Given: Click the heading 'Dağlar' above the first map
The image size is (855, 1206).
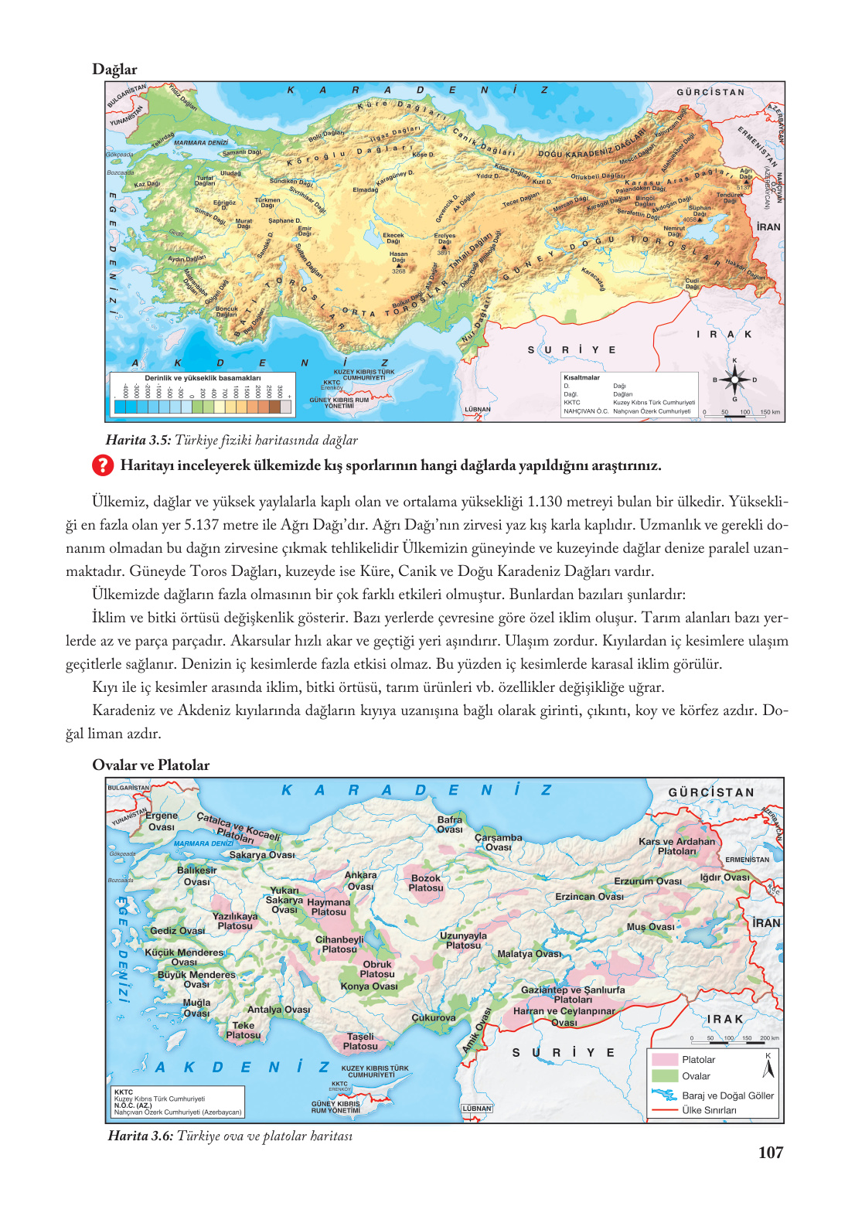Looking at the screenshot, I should pyautogui.click(x=114, y=70).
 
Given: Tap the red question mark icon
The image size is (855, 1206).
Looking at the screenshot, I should pyautogui.click(x=103, y=465).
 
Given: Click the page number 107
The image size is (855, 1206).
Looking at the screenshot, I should pyautogui.click(x=771, y=1153).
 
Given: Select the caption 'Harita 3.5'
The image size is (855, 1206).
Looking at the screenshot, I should pyautogui.click(x=138, y=441).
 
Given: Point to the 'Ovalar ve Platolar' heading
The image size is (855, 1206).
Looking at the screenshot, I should pyautogui.click(x=151, y=765).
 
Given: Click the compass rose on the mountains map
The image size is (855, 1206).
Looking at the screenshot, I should pyautogui.click(x=734, y=380).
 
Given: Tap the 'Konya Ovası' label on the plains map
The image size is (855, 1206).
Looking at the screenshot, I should pyautogui.click(x=369, y=986).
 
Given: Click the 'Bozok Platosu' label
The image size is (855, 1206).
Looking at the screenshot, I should pyautogui.click(x=426, y=884).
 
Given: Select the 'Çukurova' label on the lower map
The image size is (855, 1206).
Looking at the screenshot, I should pyautogui.click(x=434, y=1018).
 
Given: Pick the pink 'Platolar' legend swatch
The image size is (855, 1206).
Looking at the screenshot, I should pyautogui.click(x=664, y=1059).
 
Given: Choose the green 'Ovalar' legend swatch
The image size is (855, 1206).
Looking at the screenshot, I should pyautogui.click(x=664, y=1076).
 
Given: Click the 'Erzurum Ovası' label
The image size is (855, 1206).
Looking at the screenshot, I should pyautogui.click(x=648, y=881).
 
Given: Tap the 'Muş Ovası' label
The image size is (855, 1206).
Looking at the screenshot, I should pyautogui.click(x=650, y=927).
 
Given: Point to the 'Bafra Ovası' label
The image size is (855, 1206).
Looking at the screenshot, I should pyautogui.click(x=450, y=825).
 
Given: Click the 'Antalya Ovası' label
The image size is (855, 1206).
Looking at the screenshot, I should pyautogui.click(x=278, y=1010).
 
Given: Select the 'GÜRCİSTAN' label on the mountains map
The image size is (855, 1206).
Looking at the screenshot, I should pyautogui.click(x=710, y=93).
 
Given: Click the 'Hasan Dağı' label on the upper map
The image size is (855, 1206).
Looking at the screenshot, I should pyautogui.click(x=398, y=257).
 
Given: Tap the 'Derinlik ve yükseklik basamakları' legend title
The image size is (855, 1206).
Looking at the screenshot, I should pyautogui.click(x=203, y=378).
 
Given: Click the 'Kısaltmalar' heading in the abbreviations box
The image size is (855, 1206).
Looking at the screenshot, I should pyautogui.click(x=581, y=378).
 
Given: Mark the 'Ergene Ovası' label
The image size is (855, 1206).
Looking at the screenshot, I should pyautogui.click(x=161, y=821).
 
